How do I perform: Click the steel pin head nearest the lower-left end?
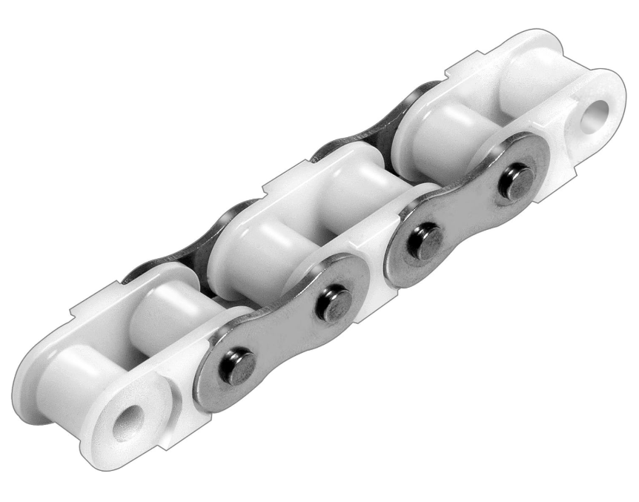[241, 366]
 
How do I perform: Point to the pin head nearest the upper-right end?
[513, 182]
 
